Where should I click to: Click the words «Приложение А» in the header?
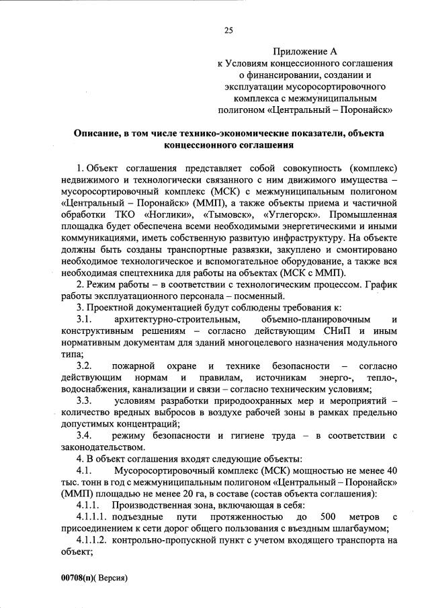304,51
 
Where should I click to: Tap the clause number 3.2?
85,366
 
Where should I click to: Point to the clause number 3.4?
85,436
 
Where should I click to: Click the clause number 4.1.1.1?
91,517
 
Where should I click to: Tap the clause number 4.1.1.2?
91,540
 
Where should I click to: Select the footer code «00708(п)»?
74,577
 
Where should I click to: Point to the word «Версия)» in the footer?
112,577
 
